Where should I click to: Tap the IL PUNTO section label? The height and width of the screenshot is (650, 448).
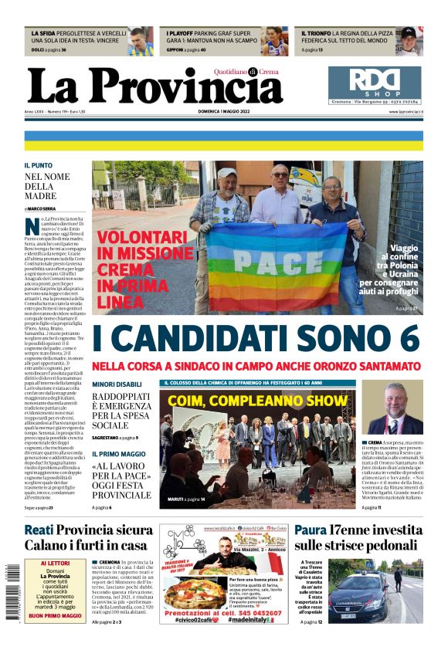pyautogui.click(x=38, y=165)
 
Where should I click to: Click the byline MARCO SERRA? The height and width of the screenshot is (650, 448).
pyautogui.click(x=42, y=208)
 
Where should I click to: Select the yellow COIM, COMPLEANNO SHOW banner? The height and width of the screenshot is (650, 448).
pyautogui.click(x=257, y=401)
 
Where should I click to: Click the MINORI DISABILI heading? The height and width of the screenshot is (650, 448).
pyautogui.click(x=117, y=384)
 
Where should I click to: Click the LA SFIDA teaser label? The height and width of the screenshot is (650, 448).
pyautogui.click(x=44, y=34)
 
